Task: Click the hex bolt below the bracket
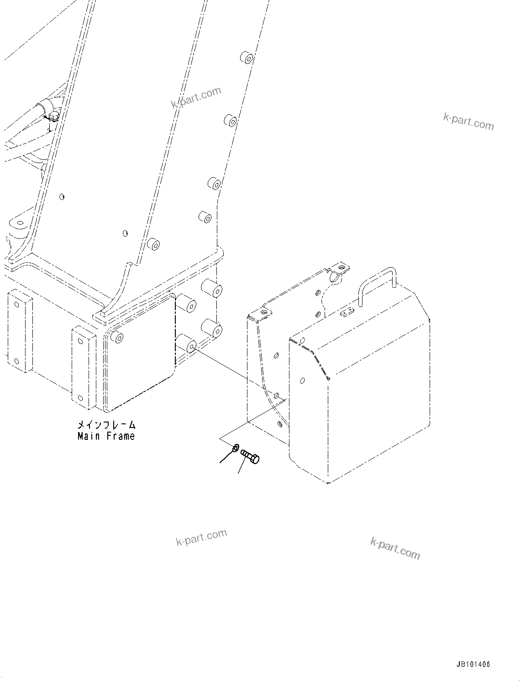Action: click(x=250, y=456)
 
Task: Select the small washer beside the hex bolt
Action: click(x=236, y=448)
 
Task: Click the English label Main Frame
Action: click(x=106, y=436)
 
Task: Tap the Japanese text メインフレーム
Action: click(x=106, y=425)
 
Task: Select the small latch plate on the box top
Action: click(x=348, y=312)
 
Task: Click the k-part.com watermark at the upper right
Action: click(x=468, y=121)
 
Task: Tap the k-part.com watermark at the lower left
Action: click(x=201, y=538)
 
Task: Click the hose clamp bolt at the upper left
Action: click(x=53, y=118)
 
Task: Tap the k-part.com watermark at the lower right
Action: click(x=395, y=548)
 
